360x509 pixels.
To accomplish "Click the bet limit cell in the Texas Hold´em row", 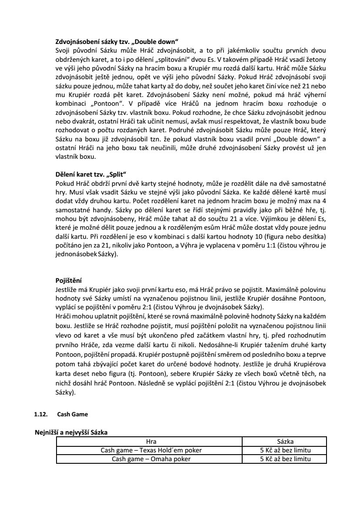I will pos(285,450).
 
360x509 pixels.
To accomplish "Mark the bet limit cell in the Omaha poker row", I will pos(285,459).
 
